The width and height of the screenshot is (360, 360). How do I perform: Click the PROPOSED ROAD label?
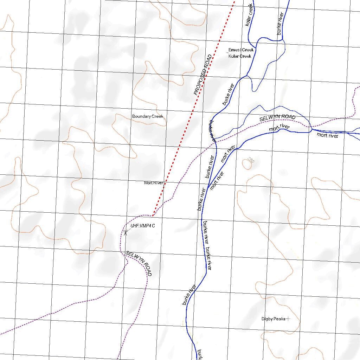pos(203,75)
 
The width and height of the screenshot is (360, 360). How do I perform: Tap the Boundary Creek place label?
pos(148,116)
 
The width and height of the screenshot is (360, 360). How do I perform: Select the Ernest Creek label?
pos(241,50)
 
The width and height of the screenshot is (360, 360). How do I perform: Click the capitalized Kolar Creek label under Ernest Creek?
pos(240,56)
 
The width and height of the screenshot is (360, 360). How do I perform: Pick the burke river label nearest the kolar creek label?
pos(280,23)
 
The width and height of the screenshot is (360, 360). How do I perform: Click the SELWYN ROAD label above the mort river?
pos(277,118)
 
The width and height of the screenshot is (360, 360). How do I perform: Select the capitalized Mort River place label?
pos(154,183)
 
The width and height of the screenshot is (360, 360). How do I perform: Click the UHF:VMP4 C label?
pos(142,226)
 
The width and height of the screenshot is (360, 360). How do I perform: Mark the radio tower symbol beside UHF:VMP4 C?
pos(125,232)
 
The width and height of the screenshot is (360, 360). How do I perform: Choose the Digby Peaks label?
pos(273,319)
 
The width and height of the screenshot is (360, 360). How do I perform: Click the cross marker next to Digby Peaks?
pos(288,319)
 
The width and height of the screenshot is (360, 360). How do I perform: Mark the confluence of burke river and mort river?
pos(209,187)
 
